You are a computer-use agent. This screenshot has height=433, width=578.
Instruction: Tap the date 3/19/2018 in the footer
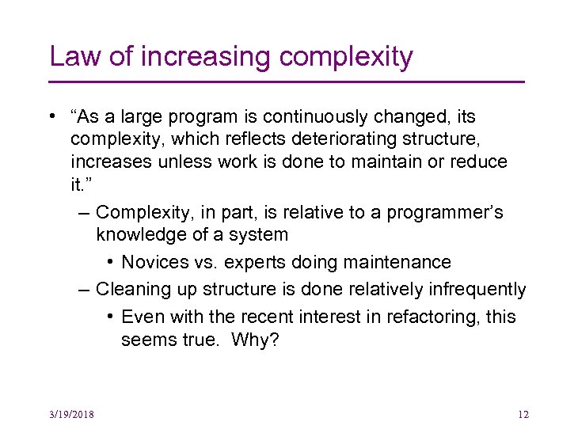click(x=71, y=415)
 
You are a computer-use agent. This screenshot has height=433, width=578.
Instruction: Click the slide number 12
click(x=522, y=415)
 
